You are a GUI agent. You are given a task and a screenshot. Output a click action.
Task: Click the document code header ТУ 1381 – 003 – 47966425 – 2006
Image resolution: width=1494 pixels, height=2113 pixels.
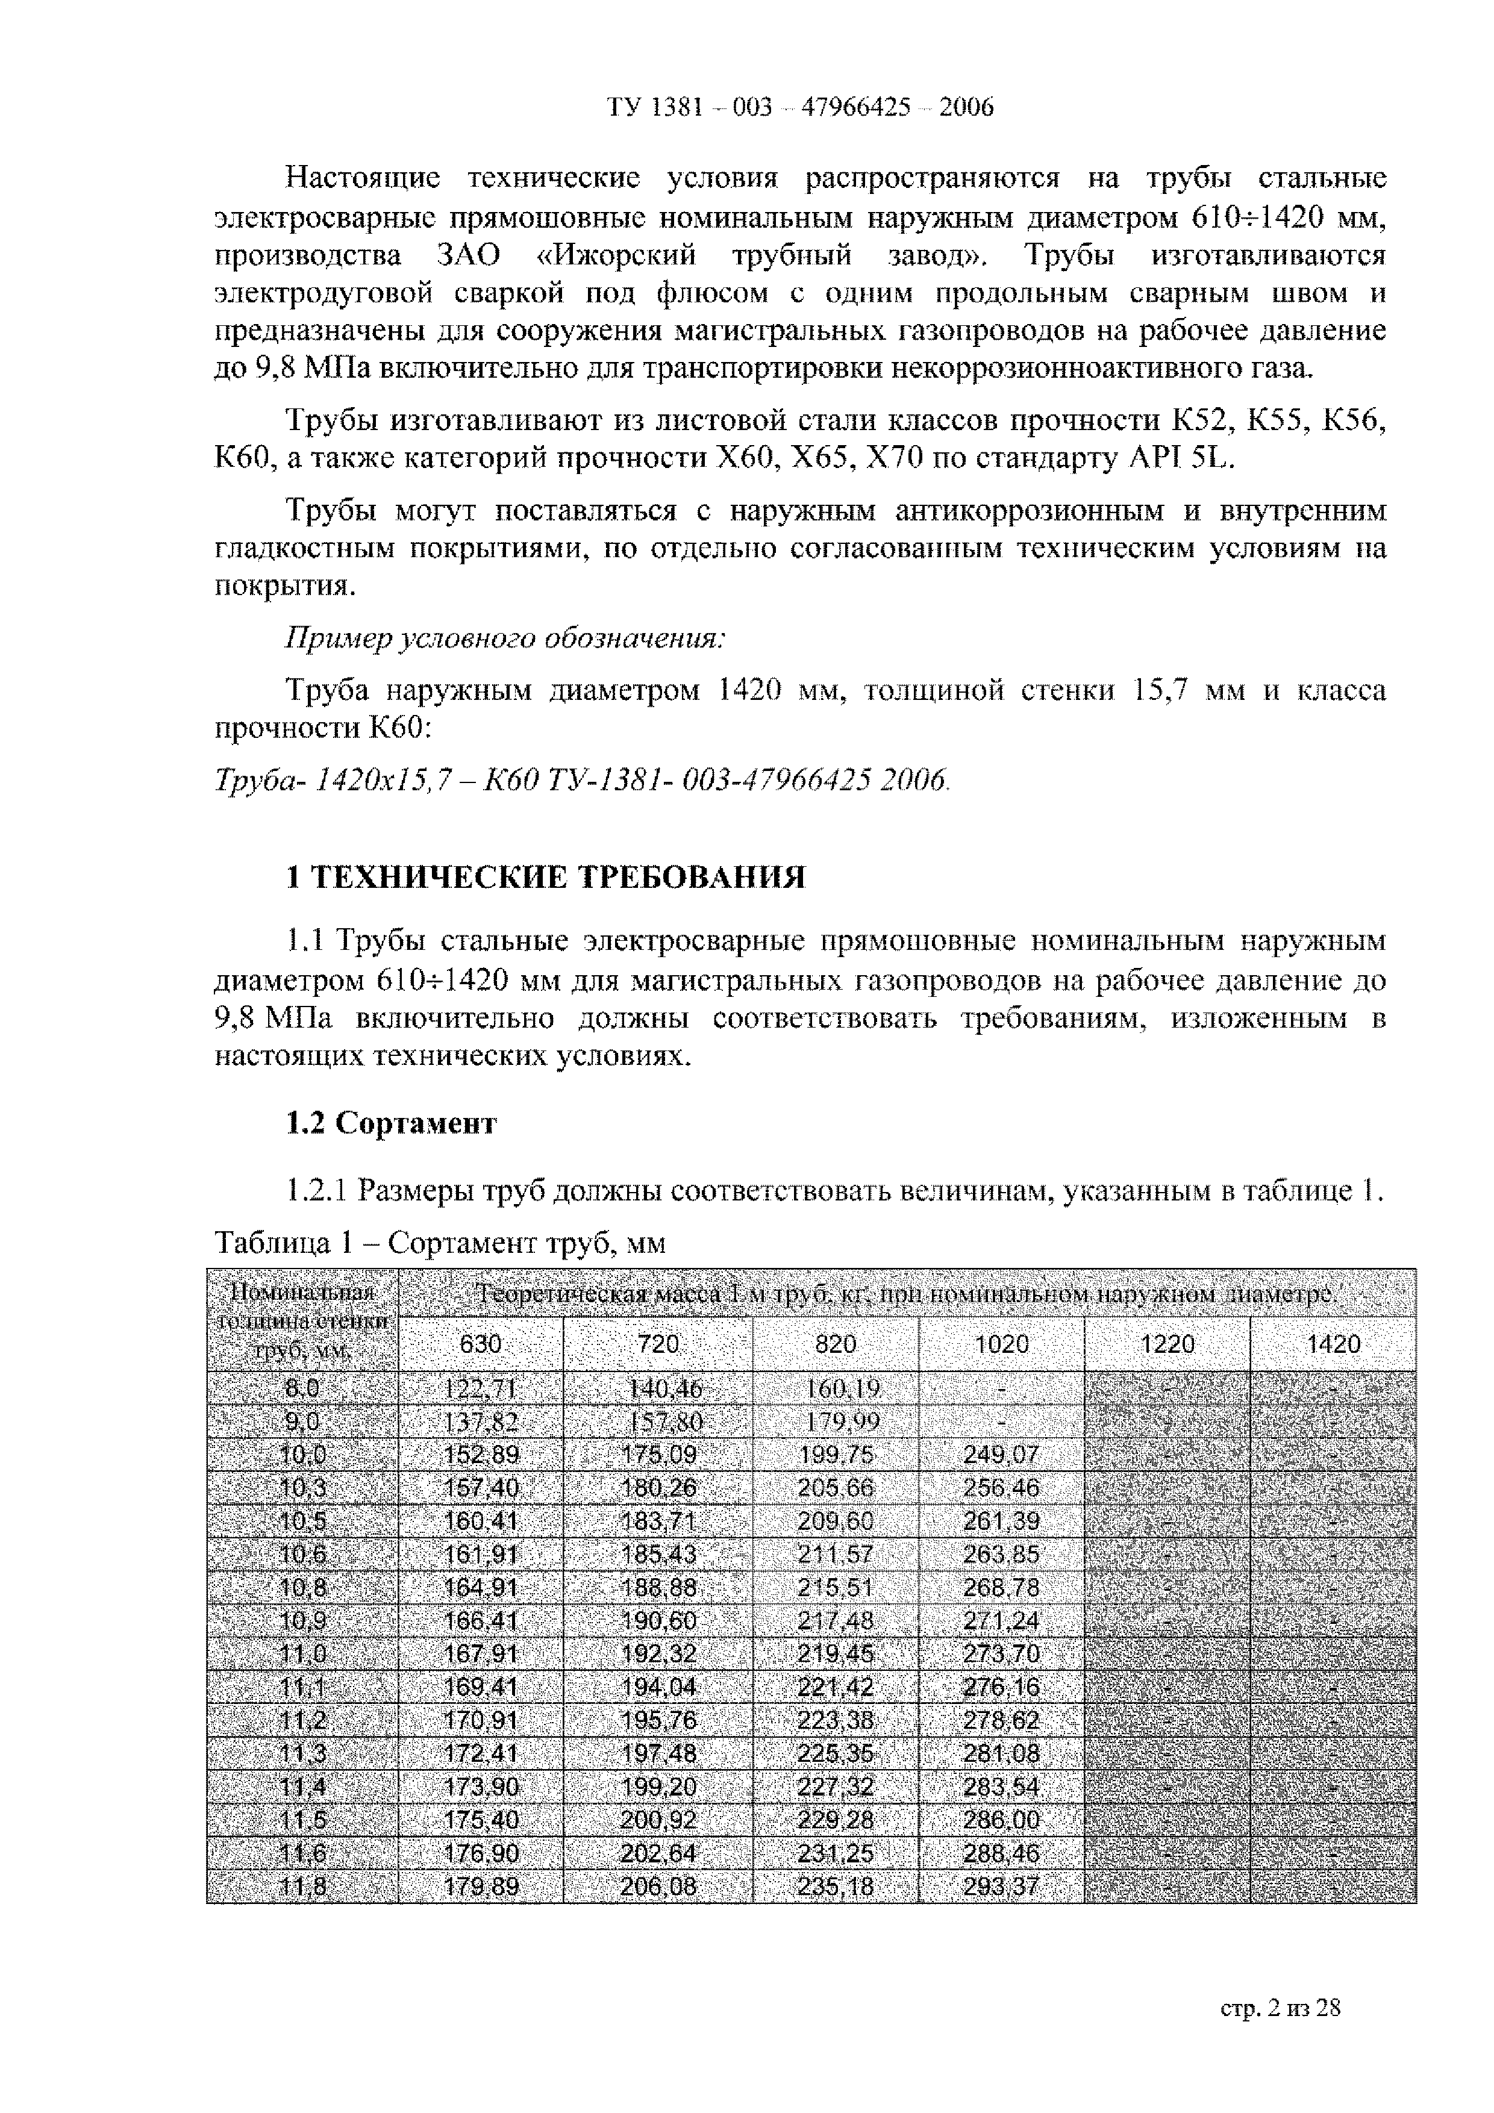pos(800,108)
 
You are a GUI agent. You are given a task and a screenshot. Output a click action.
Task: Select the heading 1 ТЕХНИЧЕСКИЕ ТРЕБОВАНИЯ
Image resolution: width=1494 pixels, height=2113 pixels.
pos(546,877)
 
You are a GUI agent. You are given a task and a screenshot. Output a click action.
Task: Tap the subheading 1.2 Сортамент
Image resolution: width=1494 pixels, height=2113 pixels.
pos(391,1123)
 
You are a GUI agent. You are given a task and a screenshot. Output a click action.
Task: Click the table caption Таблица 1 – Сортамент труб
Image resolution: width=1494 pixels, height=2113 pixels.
pos(439,1243)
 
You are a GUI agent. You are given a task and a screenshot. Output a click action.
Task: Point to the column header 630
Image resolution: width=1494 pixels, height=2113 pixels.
pos(481,1344)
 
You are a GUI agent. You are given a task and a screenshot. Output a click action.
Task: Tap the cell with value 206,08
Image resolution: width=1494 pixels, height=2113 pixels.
pos(658,1888)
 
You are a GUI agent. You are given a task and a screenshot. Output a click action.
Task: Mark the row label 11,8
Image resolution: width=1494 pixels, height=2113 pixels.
pos(303,1888)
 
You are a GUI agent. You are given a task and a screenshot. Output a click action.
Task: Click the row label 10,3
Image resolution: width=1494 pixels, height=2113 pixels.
pos(303,1488)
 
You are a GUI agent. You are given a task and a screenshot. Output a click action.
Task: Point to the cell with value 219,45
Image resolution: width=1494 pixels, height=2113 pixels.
pos(835,1654)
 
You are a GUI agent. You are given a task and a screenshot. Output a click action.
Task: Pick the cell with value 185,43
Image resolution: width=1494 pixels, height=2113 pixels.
pos(658,1555)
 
